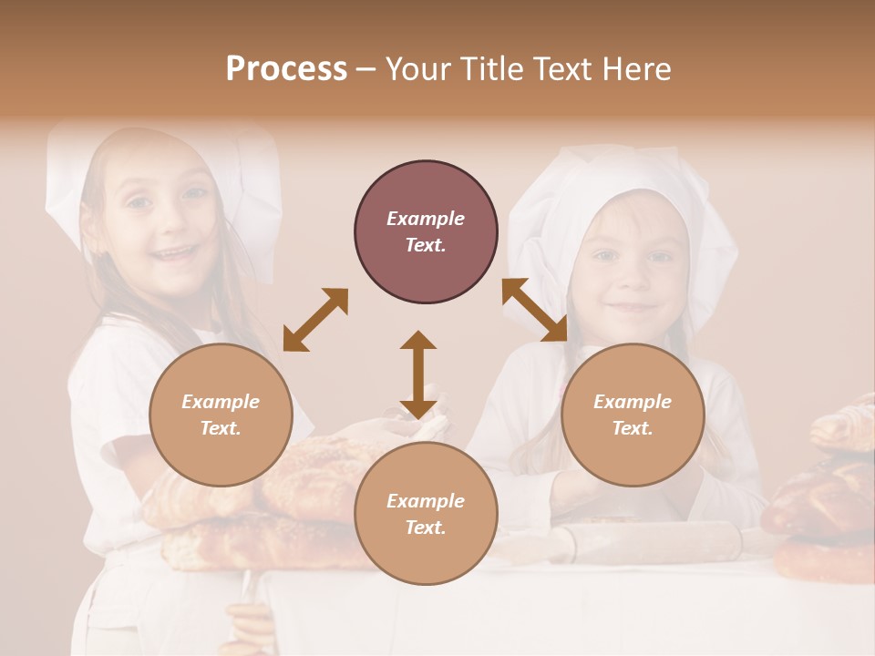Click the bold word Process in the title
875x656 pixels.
[286, 69]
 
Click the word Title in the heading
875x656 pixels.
[493, 69]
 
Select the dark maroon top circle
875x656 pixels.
[426, 232]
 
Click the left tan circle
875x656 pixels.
[221, 415]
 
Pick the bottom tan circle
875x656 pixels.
[426, 514]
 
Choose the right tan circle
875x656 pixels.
[633, 415]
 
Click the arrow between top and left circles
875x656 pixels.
[315, 320]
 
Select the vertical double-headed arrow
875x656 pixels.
[418, 374]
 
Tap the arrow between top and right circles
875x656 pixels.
[535, 310]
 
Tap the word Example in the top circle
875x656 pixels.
[426, 219]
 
